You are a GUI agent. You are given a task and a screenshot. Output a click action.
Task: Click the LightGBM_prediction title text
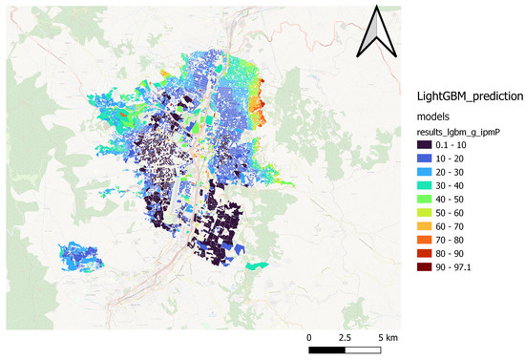(469, 97)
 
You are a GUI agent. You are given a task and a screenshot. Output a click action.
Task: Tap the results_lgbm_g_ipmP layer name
(462, 129)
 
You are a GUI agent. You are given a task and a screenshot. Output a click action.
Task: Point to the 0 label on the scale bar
(308, 338)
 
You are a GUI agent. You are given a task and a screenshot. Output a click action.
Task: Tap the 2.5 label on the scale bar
(345, 338)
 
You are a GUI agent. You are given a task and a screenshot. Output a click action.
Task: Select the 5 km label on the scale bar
(386, 338)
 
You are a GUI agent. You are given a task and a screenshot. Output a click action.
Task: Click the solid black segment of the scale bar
(326, 350)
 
